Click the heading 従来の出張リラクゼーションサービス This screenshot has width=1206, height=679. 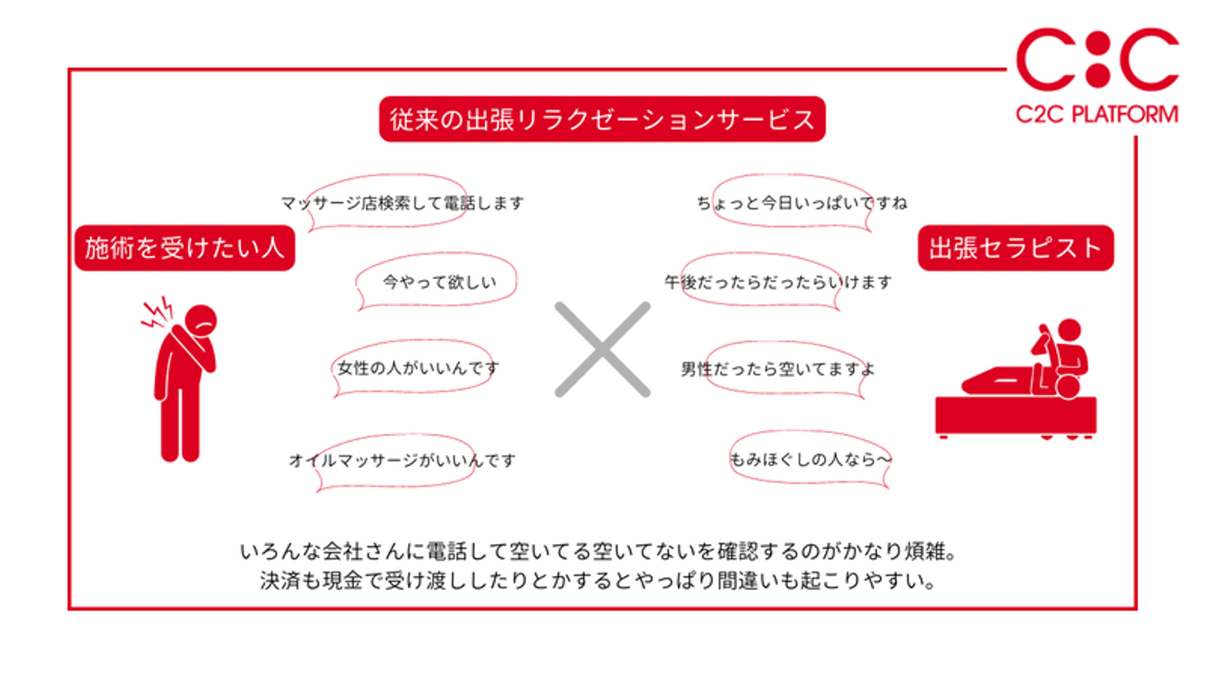[602, 118]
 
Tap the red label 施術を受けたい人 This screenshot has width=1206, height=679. [185, 248]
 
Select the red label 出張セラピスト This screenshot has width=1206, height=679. [1015, 248]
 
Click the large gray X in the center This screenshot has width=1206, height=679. [602, 349]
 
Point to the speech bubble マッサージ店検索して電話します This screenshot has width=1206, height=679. [394, 203]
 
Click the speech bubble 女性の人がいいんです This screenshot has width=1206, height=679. [416, 367]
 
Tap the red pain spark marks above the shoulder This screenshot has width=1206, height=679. [157, 311]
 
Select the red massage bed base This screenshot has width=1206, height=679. [1014, 415]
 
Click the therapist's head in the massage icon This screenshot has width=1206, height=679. [1069, 329]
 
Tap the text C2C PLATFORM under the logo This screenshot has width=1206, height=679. [1097, 114]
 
